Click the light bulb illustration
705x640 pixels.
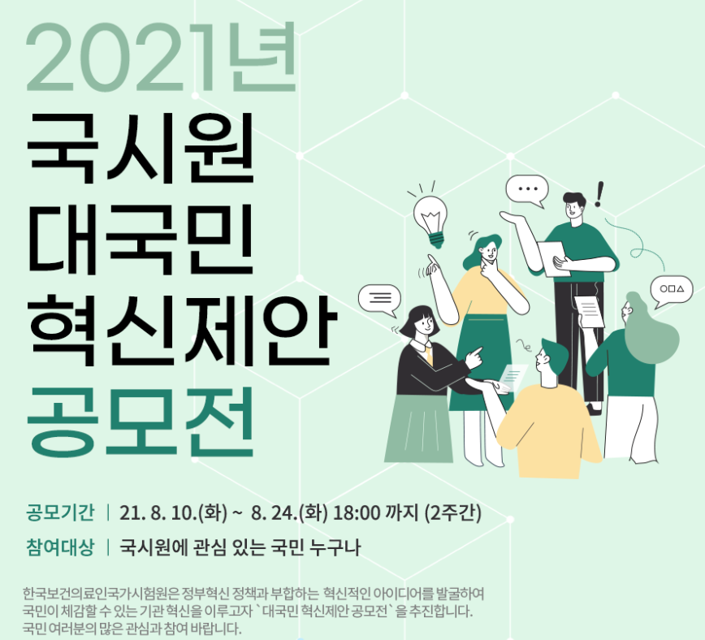[x=430, y=217]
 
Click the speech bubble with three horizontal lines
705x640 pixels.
[x=379, y=298]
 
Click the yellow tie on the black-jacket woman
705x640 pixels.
[x=429, y=355]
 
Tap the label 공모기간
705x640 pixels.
[x=61, y=513]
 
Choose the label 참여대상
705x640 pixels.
[x=61, y=547]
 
